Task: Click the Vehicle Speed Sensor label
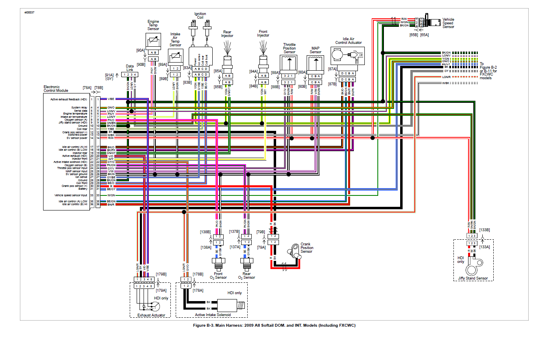point(448,23)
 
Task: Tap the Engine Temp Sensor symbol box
point(154,41)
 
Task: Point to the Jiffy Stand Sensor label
point(473,279)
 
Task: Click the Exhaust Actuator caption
point(151,315)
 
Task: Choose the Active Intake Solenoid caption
point(213,315)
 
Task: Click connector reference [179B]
point(161,274)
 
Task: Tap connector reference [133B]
point(484,230)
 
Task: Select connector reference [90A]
point(140,50)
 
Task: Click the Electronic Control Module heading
point(56,88)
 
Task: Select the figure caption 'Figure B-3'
point(274,325)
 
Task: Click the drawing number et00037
point(29,13)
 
